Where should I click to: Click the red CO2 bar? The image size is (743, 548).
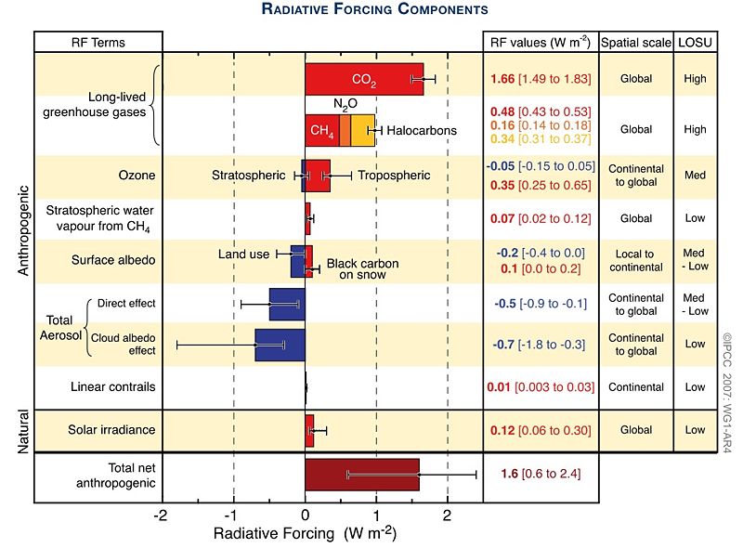(362, 79)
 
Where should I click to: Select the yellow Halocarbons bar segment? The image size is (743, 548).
(362, 130)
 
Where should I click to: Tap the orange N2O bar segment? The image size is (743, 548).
(345, 130)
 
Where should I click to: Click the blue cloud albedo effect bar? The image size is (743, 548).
(280, 344)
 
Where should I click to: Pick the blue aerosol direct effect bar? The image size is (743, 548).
(287, 304)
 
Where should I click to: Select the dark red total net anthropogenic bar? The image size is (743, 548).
(362, 474)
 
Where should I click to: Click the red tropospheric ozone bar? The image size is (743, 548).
(319, 175)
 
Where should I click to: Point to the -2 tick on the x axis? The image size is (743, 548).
(162, 515)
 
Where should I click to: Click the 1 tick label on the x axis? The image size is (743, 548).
(376, 515)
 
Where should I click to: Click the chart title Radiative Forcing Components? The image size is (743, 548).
(375, 10)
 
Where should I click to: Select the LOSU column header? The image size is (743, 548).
(697, 43)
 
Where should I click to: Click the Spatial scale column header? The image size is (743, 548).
(636, 43)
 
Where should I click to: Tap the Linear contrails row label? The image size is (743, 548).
(99, 386)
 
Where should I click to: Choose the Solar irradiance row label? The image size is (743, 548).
(99, 431)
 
